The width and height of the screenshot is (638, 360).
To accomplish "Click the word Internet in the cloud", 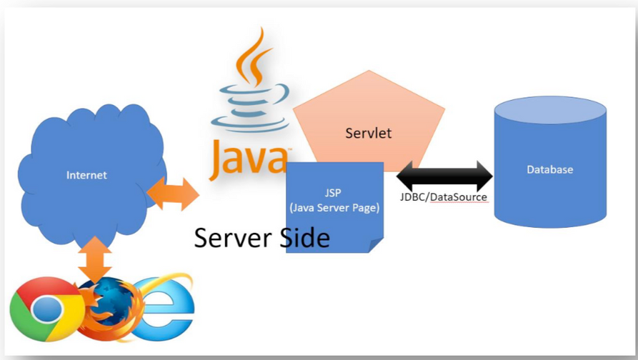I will [86, 175].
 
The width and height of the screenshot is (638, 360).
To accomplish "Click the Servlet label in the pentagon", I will [368, 133].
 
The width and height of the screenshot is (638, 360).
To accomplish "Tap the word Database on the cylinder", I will [549, 170].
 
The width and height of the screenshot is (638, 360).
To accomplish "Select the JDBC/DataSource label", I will [443, 197].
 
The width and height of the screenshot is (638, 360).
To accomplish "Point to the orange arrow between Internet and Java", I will [172, 194].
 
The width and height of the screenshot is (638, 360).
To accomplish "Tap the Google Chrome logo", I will [44, 309].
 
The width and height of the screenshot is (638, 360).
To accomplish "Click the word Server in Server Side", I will [232, 238].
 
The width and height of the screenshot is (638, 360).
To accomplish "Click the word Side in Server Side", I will [303, 238].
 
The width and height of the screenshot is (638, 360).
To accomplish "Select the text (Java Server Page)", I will [334, 208].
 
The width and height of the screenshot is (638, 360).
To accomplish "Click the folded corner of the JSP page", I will [376, 245].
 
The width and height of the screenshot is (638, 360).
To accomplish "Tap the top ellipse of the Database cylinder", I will [550, 111].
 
